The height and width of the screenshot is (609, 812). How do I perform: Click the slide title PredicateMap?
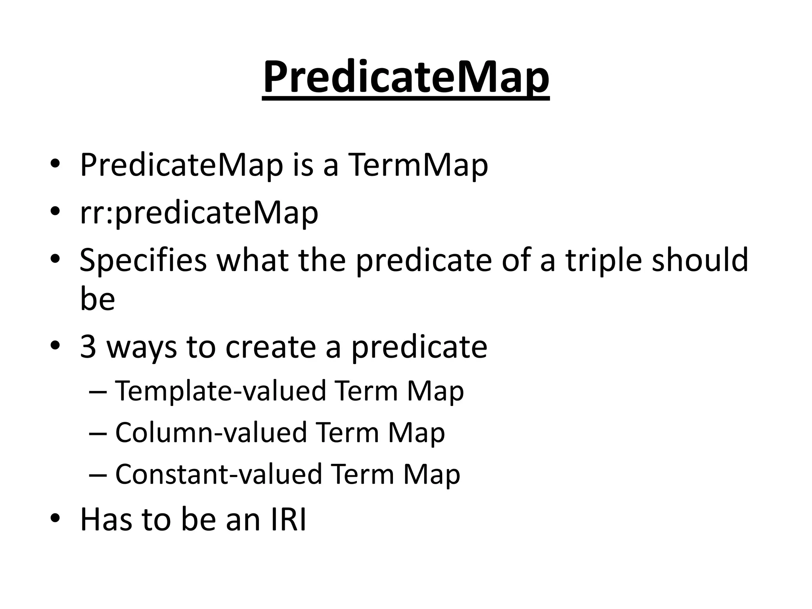406,78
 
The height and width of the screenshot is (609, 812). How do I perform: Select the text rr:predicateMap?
199,213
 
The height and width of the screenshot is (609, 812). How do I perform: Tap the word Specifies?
143,260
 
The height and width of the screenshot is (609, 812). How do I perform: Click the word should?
700,260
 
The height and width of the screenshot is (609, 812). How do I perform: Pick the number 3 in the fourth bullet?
88,347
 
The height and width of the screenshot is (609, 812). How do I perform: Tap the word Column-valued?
211,432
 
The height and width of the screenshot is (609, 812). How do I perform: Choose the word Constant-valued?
218,474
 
